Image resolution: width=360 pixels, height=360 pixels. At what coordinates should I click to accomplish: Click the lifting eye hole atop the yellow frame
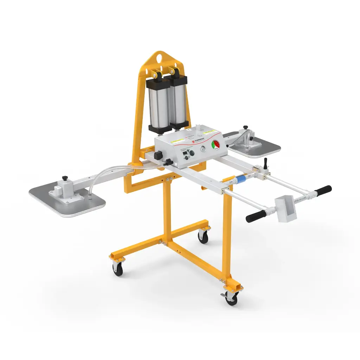pyautogui.click(x=160, y=56)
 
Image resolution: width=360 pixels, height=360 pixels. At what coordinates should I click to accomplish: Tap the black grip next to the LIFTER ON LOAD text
pyautogui.click(x=323, y=190)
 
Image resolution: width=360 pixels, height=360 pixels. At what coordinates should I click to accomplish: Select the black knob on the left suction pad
pyautogui.click(x=65, y=178)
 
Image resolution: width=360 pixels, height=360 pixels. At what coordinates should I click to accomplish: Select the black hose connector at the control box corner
pyautogui.click(x=169, y=162)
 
